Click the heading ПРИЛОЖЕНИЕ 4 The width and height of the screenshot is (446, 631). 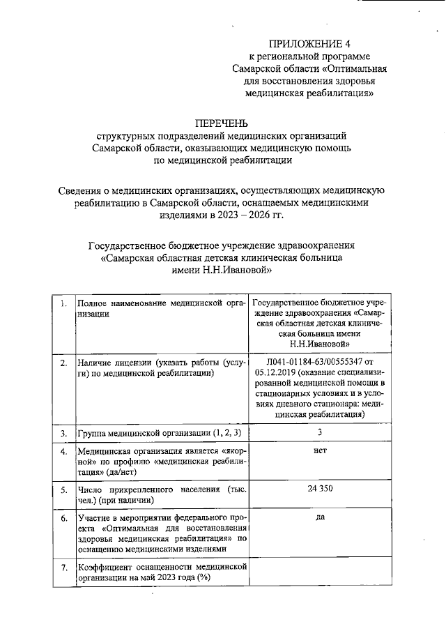pos(310,43)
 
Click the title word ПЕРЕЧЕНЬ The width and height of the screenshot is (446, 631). pos(222,123)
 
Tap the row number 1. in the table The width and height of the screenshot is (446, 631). pos(63,303)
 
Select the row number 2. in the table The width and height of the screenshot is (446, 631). pos(63,363)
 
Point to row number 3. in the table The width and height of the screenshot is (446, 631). pos(63,434)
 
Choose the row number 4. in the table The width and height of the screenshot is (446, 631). pos(63,452)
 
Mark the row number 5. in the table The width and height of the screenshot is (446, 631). pos(63,489)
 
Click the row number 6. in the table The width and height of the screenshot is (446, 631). pos(63,519)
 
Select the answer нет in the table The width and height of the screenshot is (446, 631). pos(320,451)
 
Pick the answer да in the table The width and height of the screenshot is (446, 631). pos(320,519)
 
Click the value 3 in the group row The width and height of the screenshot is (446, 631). pos(320,433)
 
